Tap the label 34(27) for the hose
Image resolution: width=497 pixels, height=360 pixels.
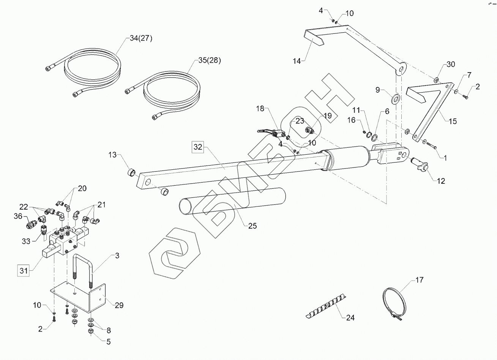click(x=139, y=38)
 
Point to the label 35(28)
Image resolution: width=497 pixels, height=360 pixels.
click(x=209, y=60)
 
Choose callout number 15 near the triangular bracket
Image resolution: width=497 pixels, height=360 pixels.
click(x=453, y=121)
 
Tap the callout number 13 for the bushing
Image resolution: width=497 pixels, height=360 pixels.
click(x=113, y=155)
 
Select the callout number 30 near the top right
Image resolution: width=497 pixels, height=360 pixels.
click(x=450, y=65)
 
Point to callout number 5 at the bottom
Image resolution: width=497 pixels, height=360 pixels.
click(x=108, y=341)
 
